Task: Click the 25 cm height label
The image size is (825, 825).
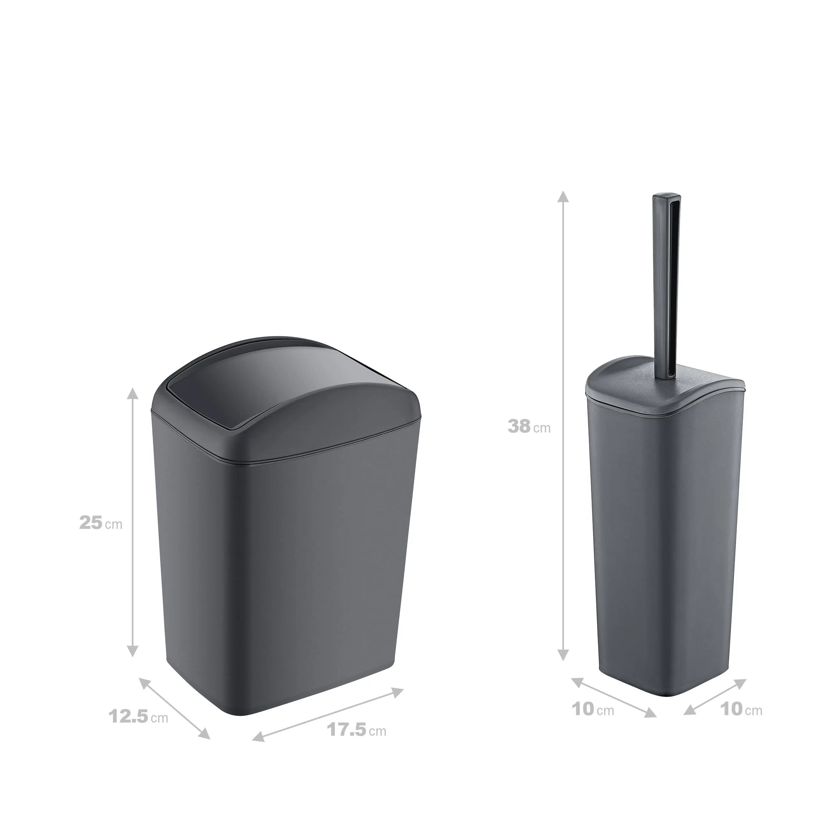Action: pos(101,523)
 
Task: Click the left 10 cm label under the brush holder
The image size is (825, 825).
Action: pos(593,709)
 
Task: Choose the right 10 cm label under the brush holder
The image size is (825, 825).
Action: pos(741,709)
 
